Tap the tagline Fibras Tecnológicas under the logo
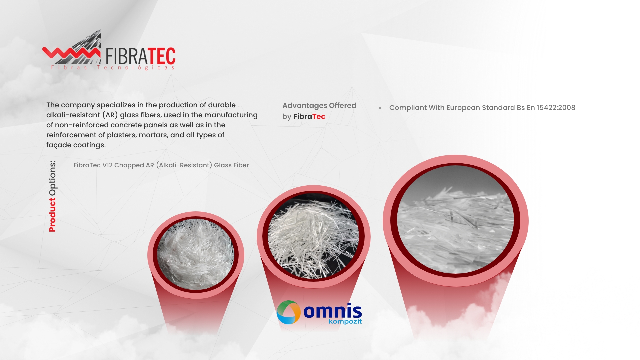point(113,68)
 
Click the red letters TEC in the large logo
point(161,56)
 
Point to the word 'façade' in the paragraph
point(59,145)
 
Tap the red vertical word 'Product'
point(52,215)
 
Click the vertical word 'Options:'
point(52,178)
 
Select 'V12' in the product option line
point(108,165)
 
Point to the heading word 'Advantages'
point(305,106)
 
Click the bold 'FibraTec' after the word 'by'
point(309,117)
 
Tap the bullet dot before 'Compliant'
point(380,108)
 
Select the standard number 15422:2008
point(556,108)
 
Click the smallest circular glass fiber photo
point(196,255)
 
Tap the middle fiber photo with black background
point(313,236)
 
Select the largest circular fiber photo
point(455,220)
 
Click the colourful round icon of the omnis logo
point(289,312)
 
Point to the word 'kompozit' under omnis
point(345,322)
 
